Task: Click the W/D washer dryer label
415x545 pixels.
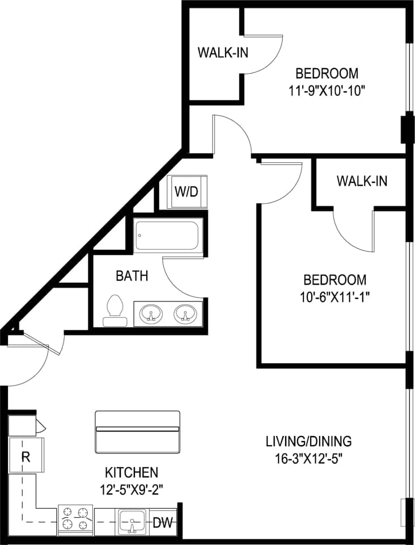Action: click(187, 191)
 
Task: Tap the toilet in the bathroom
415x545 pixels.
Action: click(115, 311)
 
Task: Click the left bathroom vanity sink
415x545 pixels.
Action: click(151, 313)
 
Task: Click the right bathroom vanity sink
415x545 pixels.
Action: click(184, 313)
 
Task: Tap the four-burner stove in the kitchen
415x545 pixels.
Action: click(76, 519)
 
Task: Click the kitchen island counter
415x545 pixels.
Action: click(137, 432)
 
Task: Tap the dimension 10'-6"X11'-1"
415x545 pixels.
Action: click(334, 296)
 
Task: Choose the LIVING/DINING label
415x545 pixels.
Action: click(309, 441)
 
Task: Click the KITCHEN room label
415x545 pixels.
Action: click(131, 472)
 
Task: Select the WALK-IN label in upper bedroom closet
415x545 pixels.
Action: click(222, 52)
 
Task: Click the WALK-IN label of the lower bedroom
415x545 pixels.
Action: click(362, 181)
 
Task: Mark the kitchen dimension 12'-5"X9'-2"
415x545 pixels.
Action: click(131, 488)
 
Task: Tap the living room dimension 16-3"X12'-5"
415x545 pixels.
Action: click(309, 458)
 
